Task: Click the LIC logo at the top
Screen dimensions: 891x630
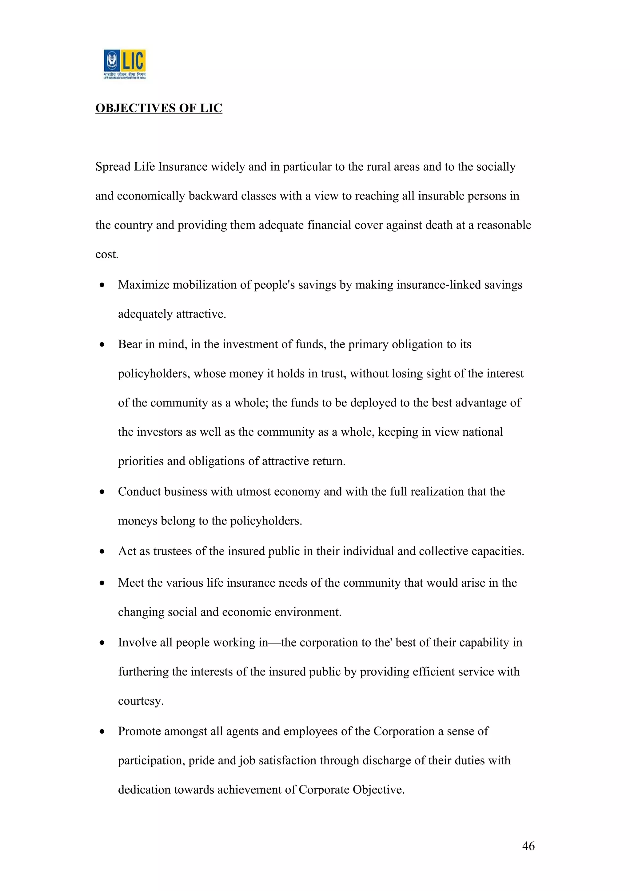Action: pos(125,64)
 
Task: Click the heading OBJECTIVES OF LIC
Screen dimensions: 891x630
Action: pos(159,108)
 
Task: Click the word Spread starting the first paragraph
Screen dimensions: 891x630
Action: pos(113,167)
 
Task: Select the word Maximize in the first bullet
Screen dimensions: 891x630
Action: pos(144,284)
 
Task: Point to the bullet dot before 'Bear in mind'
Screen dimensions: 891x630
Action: pos(102,344)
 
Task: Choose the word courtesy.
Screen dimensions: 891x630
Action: pos(141,701)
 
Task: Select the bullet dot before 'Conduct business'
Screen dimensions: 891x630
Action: pos(102,492)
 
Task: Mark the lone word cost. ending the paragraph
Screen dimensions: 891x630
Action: pos(107,255)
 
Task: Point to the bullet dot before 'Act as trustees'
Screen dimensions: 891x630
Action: pos(102,552)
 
